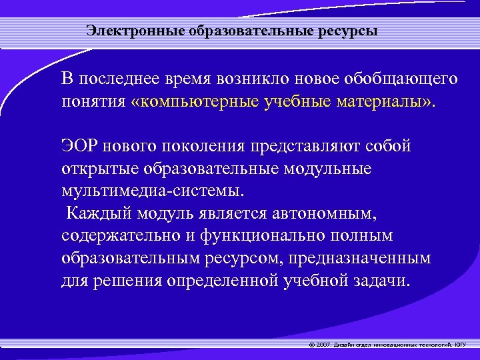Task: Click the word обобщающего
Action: coord(401,79)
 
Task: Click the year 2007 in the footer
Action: coord(321,345)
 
